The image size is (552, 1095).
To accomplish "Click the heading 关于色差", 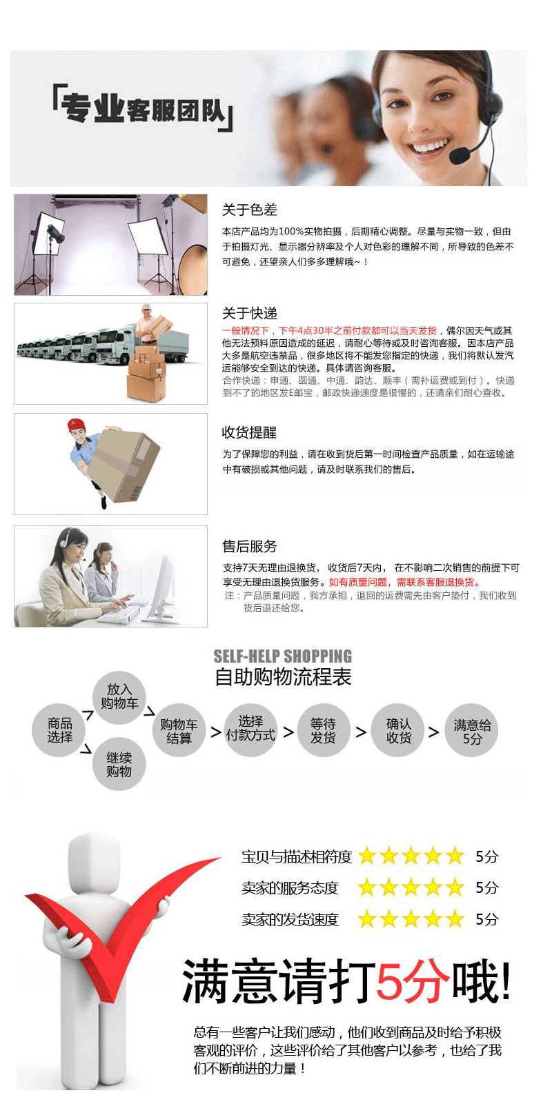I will click(249, 210).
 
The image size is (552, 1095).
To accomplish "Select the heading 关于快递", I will click(249, 314).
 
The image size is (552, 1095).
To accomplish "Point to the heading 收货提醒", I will click(249, 432).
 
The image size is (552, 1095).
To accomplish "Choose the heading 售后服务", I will click(249, 546).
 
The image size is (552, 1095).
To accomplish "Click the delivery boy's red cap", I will click(75, 425).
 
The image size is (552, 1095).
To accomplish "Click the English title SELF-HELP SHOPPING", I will click(282, 656).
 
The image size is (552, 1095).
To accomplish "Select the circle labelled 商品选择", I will click(59, 730).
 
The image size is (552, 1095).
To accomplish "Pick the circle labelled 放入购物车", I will click(119, 696).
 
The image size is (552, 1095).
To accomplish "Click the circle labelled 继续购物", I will click(119, 764).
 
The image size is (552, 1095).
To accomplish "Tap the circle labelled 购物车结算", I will click(179, 730).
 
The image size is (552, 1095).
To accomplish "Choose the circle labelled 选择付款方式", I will click(250, 728).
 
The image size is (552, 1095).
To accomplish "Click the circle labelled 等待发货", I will click(323, 730).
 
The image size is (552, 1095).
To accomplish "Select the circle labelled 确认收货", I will click(398, 730).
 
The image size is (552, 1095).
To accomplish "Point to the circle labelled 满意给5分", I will click(472, 731).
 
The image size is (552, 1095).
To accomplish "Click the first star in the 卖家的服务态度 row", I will click(366, 887).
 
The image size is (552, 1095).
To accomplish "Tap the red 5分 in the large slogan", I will click(413, 981).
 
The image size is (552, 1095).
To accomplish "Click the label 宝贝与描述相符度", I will click(297, 856).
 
